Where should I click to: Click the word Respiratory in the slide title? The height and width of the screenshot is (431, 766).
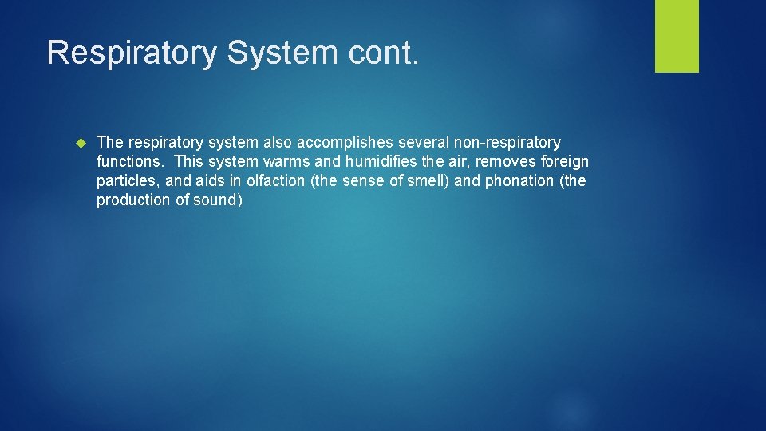(132, 53)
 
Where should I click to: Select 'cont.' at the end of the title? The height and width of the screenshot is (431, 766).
(385, 53)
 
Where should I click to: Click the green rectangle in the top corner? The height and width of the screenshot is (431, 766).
(677, 35)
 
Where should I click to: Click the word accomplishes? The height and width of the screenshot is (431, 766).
(349, 143)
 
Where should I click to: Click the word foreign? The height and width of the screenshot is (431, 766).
(566, 162)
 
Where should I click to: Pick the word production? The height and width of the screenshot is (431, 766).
(132, 200)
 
